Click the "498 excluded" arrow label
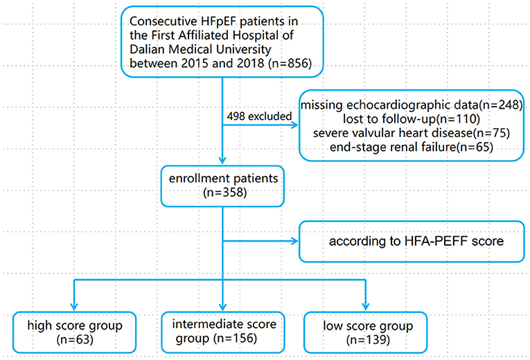(258, 116)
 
